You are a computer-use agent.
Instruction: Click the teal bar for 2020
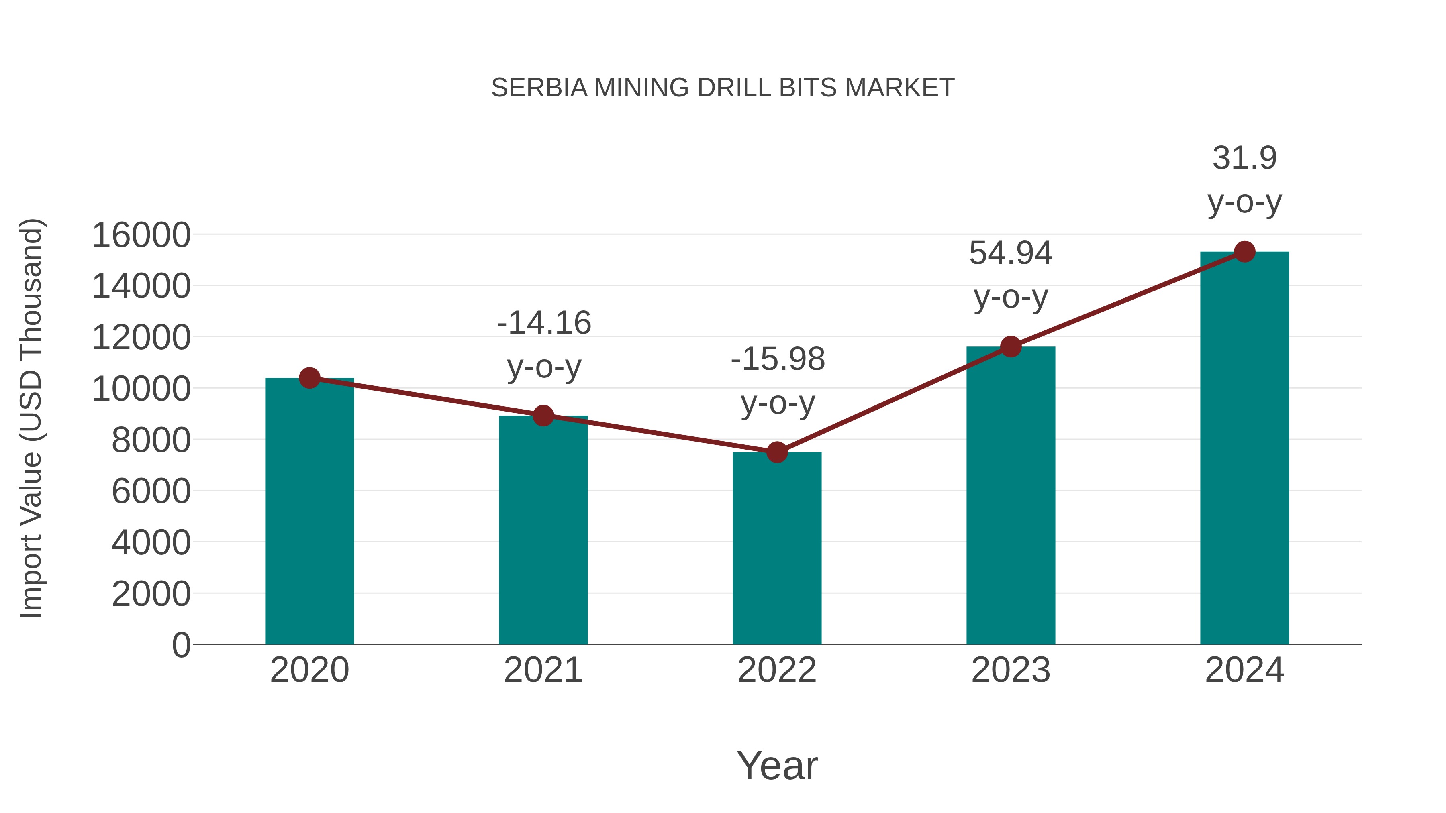309,511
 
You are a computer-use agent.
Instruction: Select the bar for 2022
777,548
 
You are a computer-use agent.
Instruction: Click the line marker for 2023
1011,347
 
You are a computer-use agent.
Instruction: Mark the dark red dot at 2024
1244,252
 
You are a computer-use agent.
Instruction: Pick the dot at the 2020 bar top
309,378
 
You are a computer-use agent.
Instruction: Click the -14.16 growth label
544,323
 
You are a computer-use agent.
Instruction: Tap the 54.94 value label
1011,253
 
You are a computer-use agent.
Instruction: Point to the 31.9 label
1244,158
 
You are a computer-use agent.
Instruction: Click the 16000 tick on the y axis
141,235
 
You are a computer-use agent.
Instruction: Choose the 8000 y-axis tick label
151,440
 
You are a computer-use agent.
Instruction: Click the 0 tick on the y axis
181,645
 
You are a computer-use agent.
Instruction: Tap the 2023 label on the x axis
1011,670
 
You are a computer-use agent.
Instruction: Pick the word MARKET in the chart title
899,88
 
